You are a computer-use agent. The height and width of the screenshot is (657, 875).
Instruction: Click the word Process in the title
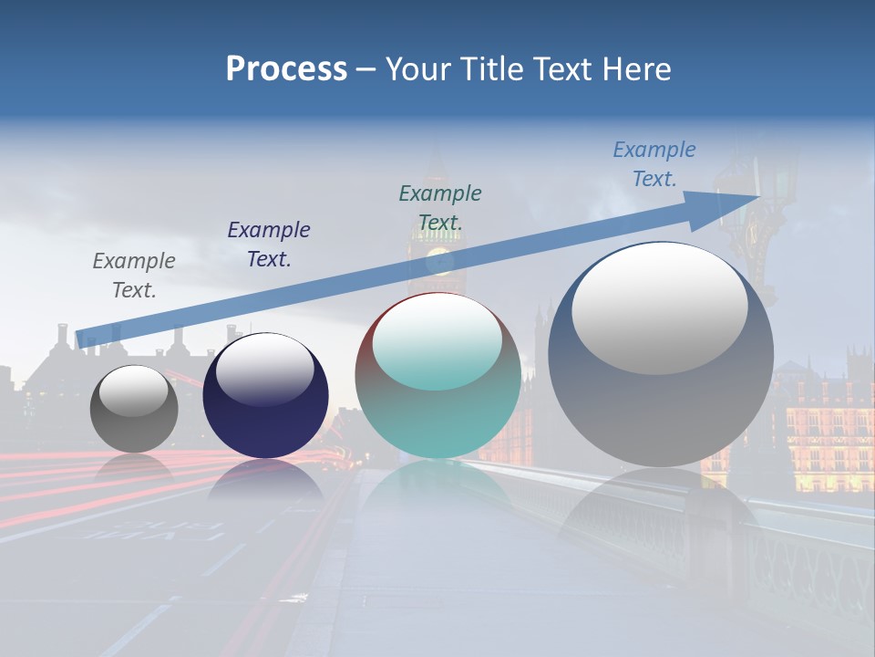coord(286,69)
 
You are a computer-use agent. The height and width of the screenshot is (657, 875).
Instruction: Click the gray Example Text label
coord(134,276)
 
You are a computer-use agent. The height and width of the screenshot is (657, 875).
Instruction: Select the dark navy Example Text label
coord(269,245)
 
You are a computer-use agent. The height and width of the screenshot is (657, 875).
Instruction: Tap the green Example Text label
coord(440,207)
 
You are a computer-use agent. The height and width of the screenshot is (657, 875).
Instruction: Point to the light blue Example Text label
coord(654,164)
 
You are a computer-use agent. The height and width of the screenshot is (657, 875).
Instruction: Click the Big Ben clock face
coord(440,259)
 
